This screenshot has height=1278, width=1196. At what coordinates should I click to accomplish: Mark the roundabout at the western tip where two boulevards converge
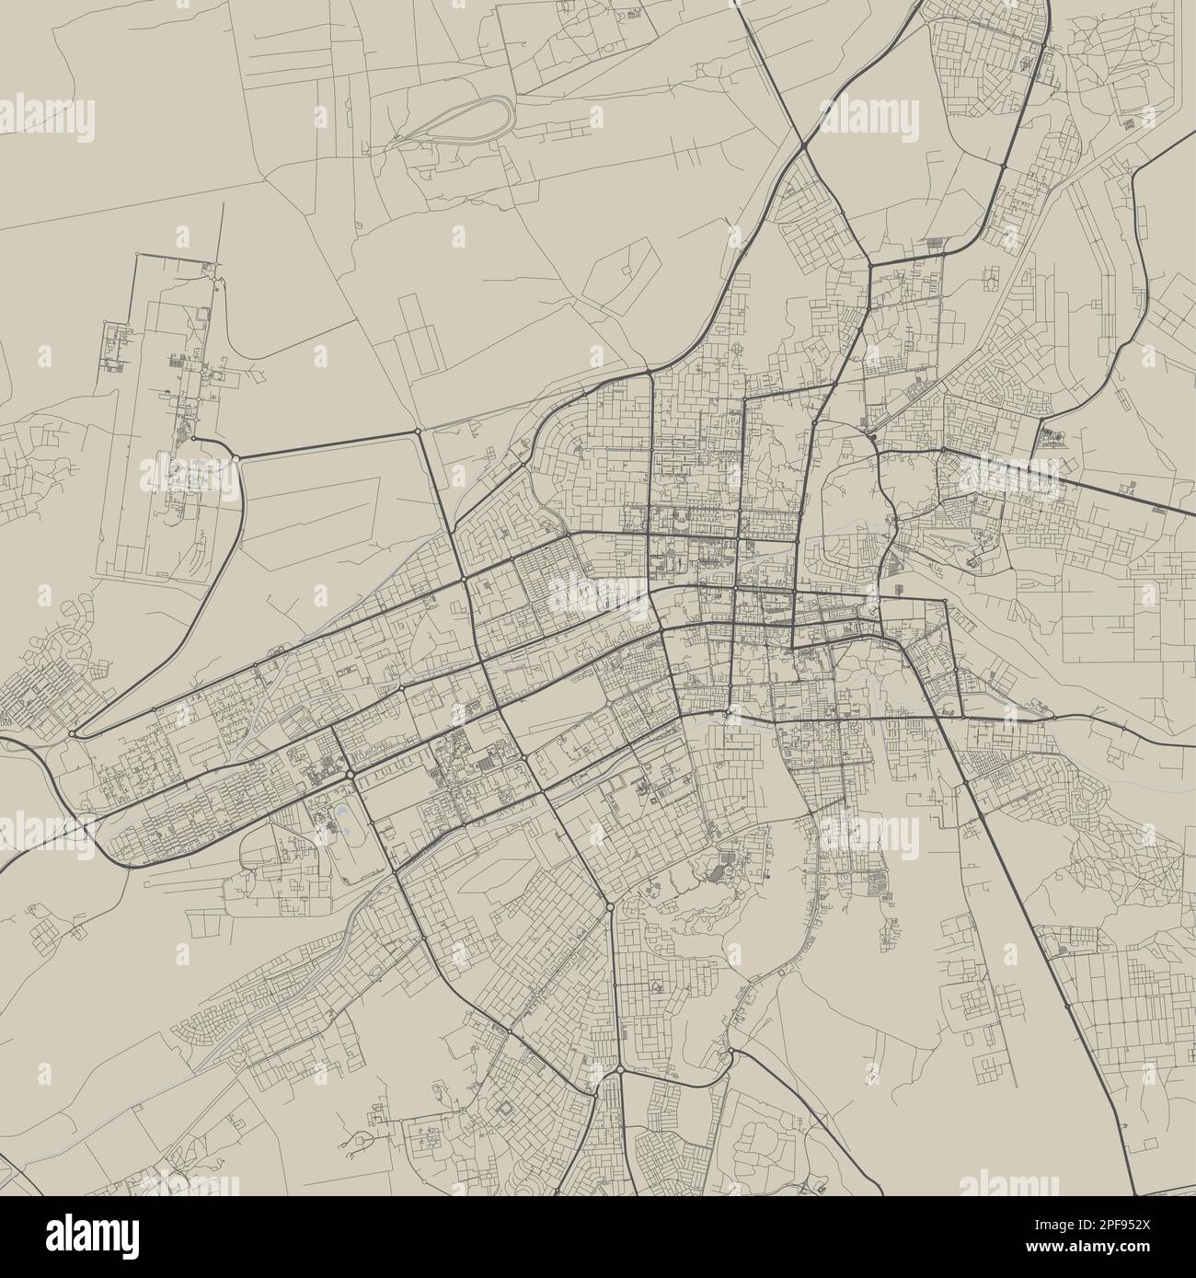(x=72, y=733)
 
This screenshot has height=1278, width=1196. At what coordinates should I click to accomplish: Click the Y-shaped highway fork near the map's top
(x=803, y=145)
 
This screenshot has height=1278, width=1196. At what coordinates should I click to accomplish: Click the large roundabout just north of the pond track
(x=351, y=775)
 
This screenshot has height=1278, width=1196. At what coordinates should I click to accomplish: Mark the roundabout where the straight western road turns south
(x=419, y=431)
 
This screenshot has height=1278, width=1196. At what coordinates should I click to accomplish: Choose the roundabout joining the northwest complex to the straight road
(x=236, y=457)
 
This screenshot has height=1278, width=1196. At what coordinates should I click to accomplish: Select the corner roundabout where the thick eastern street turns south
(x=944, y=602)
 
